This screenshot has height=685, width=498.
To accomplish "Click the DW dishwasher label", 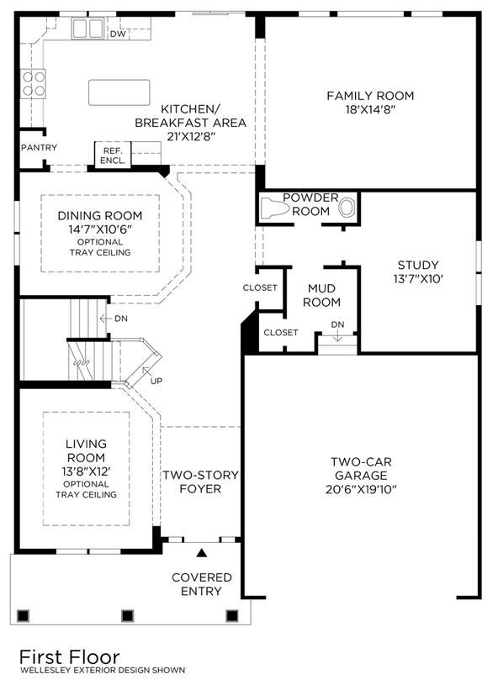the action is pos(118,34).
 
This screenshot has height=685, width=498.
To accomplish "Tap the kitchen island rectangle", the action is pos(119,92).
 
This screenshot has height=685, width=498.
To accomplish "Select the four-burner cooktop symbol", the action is pos(34,83).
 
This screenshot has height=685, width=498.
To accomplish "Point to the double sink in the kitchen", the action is pos(87,29).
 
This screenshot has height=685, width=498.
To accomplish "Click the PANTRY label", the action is pos(39,148).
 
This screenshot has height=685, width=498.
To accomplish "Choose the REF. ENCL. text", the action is pos(113,155).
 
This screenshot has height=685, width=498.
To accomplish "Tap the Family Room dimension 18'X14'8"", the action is pos(370,109).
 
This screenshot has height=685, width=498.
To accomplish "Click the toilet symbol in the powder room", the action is pos(274,208).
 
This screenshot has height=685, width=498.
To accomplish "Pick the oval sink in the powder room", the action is pos(347,208).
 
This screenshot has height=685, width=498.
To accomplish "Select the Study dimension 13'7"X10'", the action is pos(418,279).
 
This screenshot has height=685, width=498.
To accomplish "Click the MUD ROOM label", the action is pos(322,295).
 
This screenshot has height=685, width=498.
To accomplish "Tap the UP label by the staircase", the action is pos(156,381).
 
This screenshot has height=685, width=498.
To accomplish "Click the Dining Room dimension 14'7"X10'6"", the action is pos(100,229).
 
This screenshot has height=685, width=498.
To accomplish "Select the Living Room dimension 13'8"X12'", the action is pos(86,472).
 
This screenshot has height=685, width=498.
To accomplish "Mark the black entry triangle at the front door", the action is pos(201,553).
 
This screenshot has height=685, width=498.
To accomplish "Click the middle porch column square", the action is pos(127,616).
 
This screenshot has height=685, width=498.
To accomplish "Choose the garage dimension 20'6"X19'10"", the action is pos(361,489).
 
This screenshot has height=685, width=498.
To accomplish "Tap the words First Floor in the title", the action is pos(70,657).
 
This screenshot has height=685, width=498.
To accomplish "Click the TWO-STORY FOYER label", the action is pos(201,482).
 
